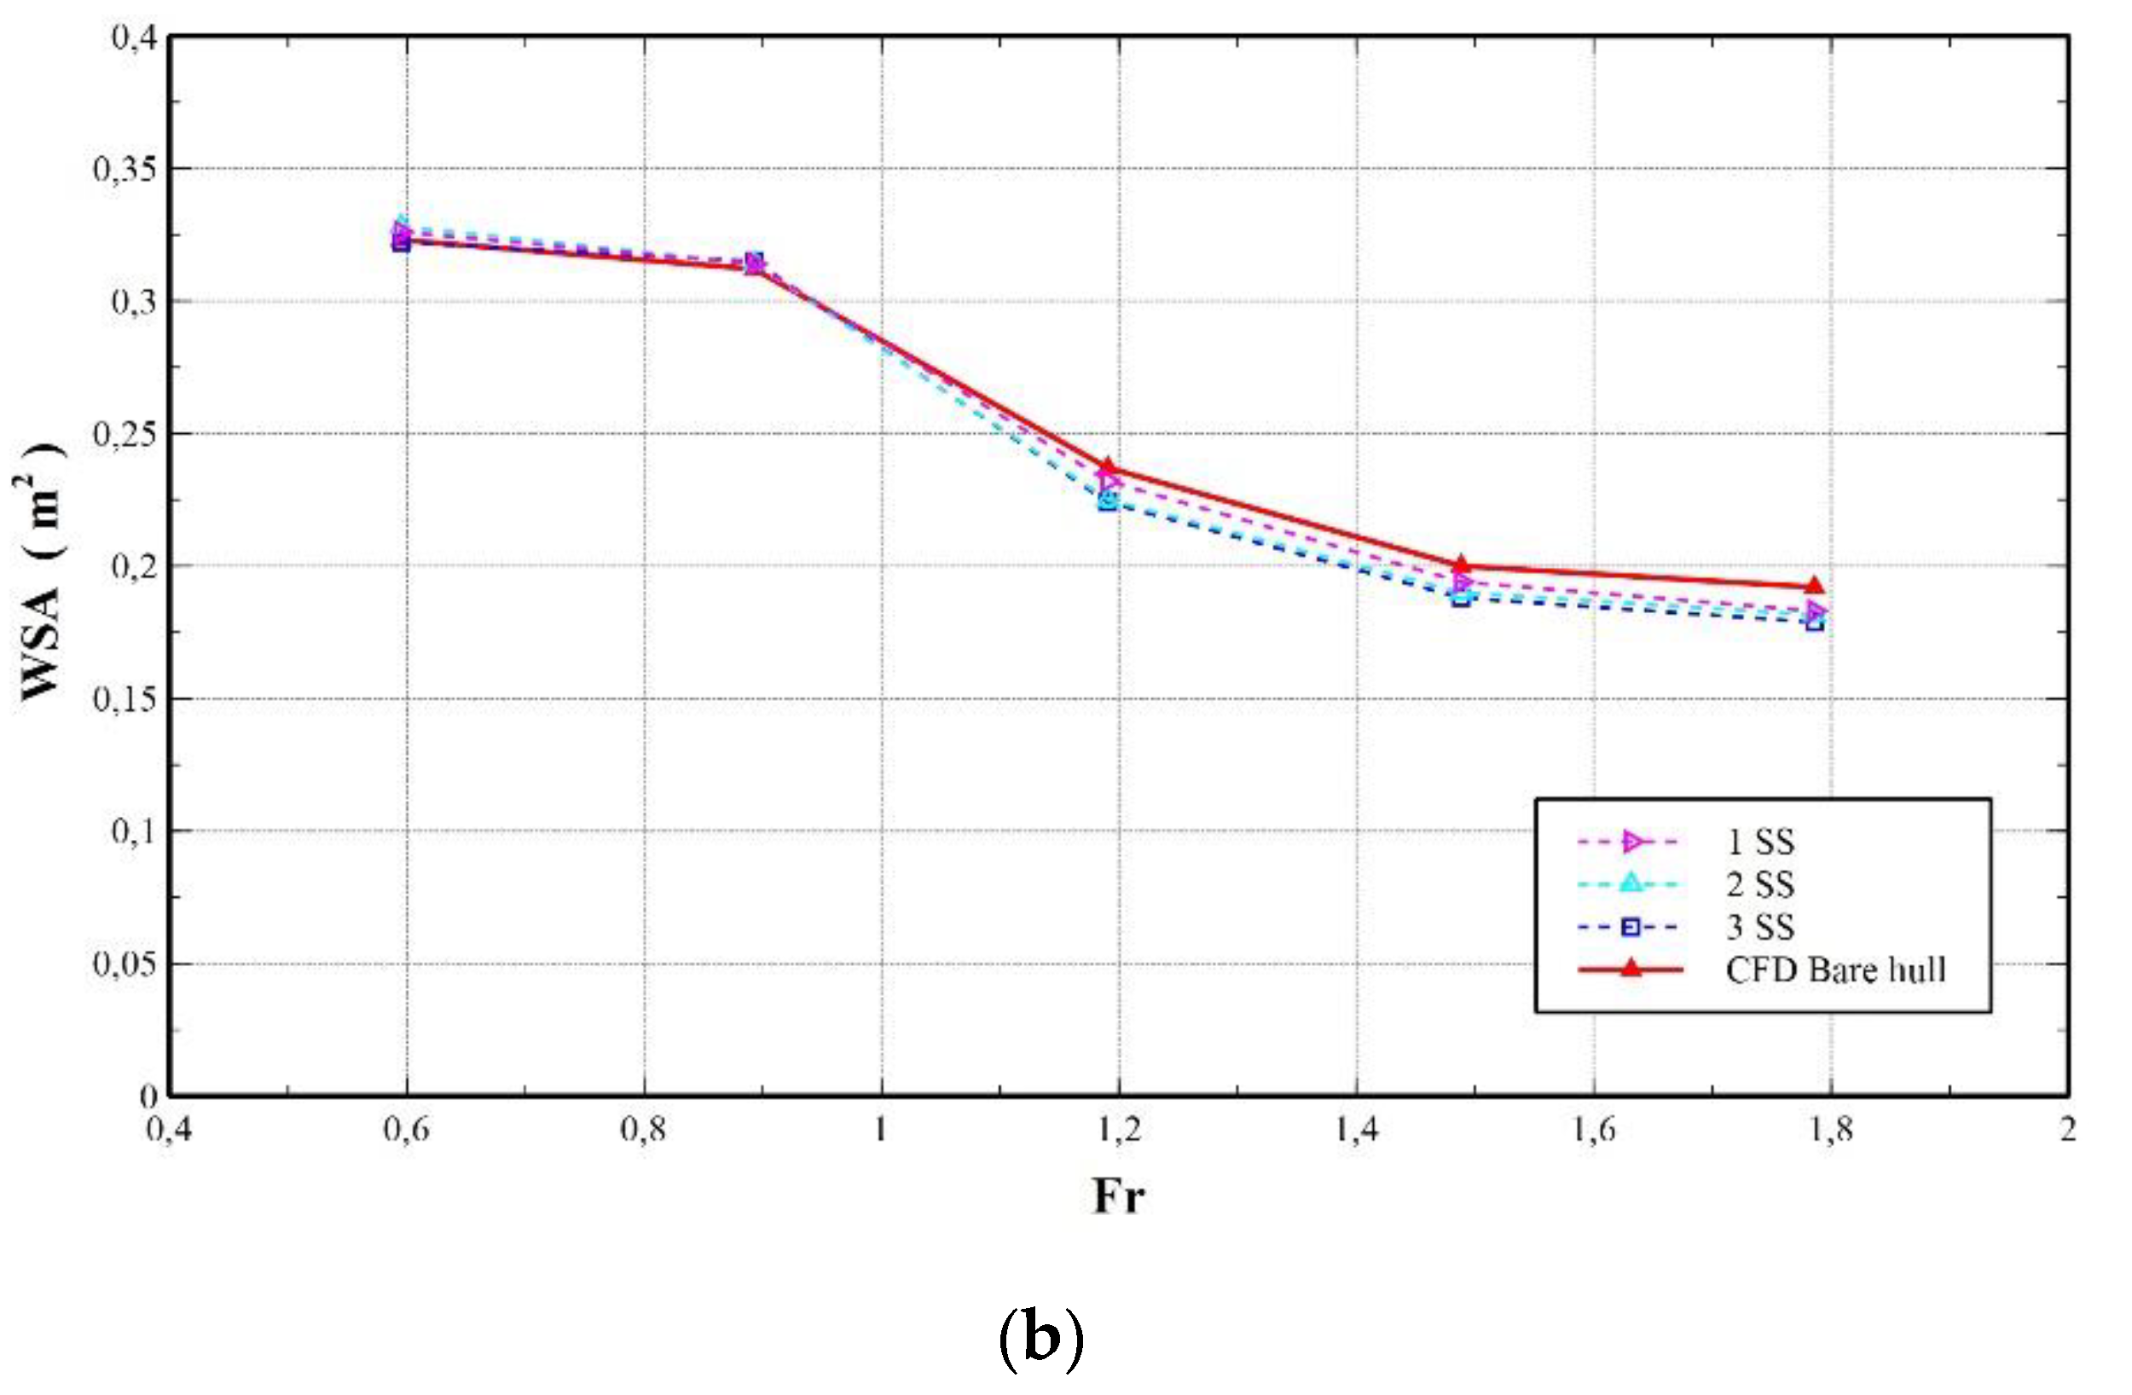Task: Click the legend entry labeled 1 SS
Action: (1760, 842)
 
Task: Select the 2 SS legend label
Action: (1760, 885)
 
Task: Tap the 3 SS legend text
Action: (1760, 928)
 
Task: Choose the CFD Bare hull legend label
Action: (1835, 970)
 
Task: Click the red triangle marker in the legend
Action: (1631, 969)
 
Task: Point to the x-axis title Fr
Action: (1118, 1196)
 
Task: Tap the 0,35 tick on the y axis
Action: (124, 169)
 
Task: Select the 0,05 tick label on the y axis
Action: (124, 964)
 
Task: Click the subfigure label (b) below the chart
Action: (1040, 1340)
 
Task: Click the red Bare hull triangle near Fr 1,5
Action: (1461, 564)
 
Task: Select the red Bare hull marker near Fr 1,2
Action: (1108, 466)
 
